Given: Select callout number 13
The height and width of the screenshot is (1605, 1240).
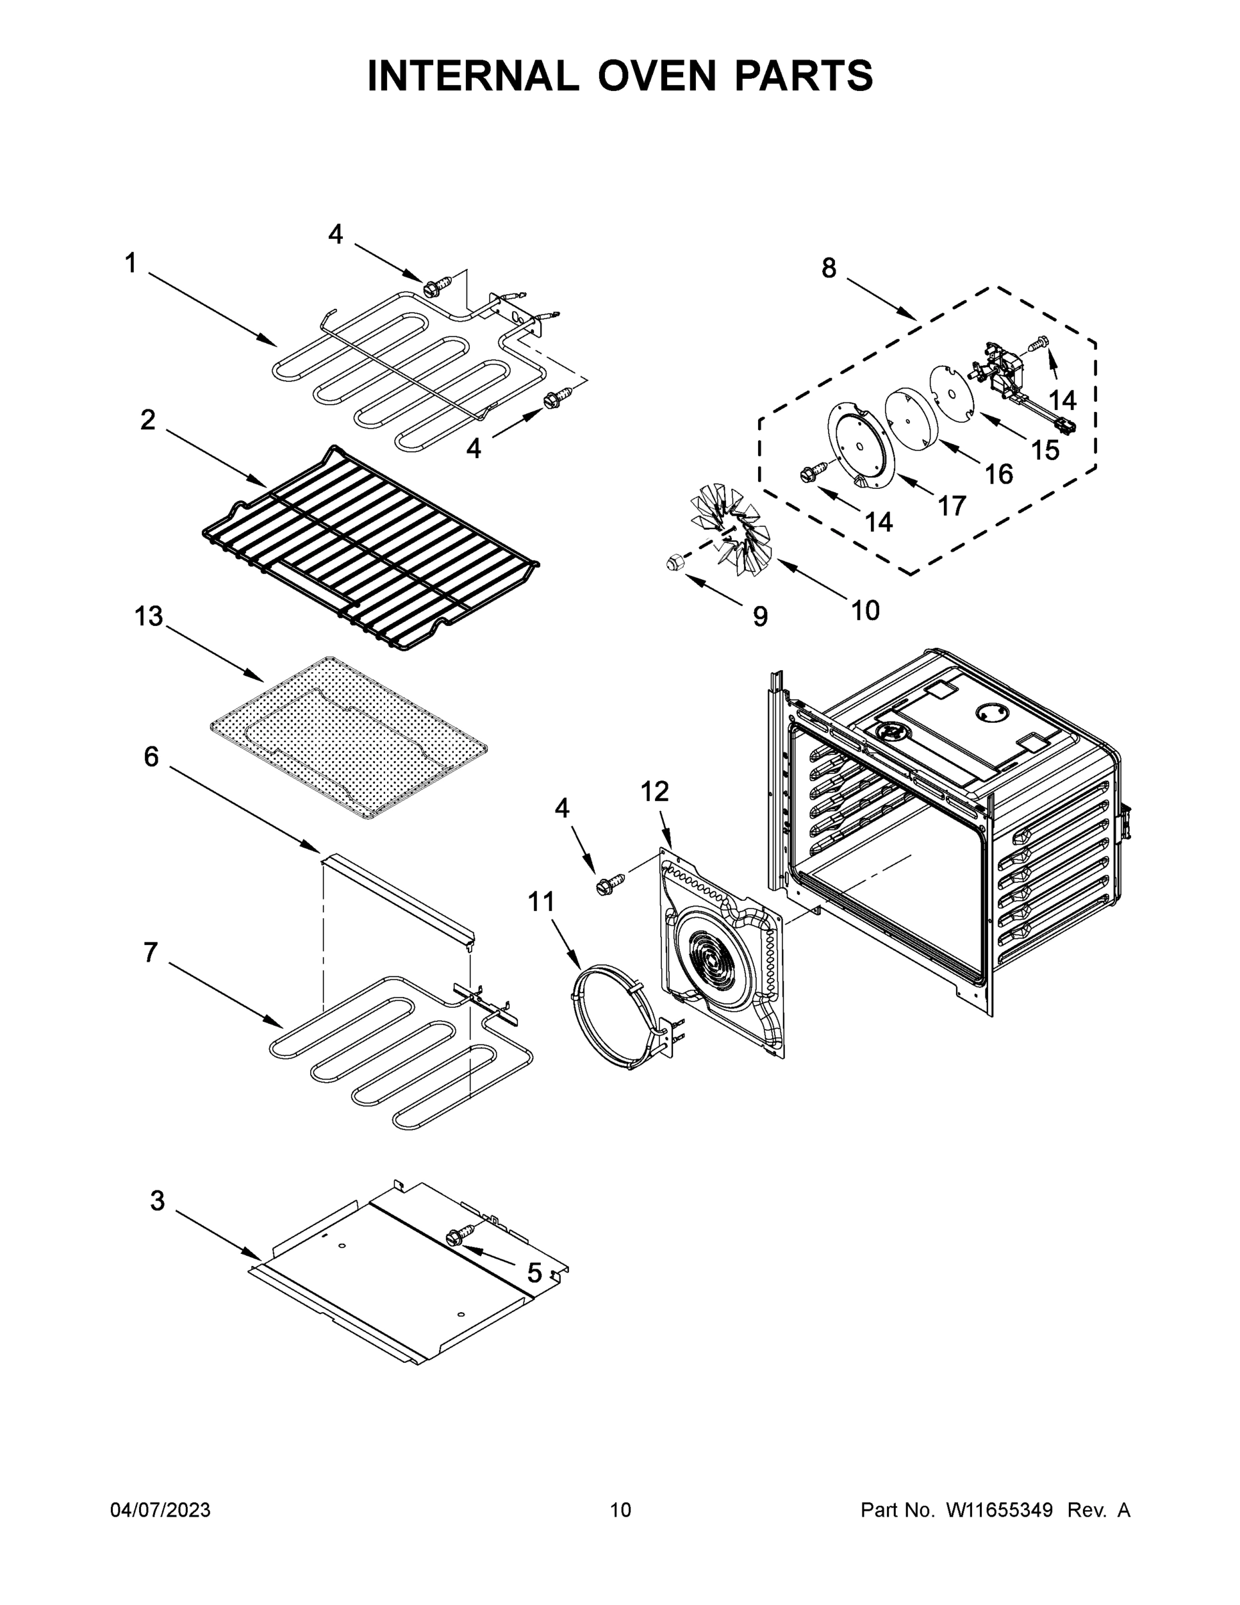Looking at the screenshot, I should (x=148, y=616).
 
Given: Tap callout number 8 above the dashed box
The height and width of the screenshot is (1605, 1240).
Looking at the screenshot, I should (x=829, y=269).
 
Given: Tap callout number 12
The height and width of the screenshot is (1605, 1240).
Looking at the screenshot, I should (x=654, y=792).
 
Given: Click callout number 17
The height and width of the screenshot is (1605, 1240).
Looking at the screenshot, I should (x=952, y=506).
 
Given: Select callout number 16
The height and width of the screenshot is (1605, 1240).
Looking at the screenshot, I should (x=999, y=474).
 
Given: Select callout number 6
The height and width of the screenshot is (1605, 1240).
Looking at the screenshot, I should (x=150, y=756).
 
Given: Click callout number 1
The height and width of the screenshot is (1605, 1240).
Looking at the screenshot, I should (x=131, y=263).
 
